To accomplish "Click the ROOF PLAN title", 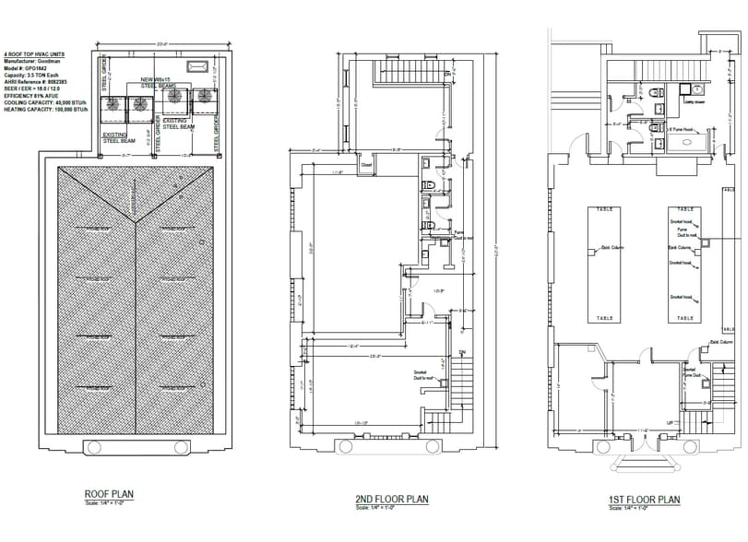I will tap(109, 494).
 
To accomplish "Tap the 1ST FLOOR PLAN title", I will tap(643, 500).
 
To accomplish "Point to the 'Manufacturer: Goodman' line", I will tap(36, 62).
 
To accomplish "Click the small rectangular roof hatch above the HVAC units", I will tap(197, 65).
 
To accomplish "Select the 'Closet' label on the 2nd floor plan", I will tap(366, 166).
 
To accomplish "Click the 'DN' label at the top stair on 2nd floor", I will tap(447, 73).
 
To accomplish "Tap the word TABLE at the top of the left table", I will tap(606, 209).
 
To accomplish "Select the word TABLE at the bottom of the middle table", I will tap(684, 318).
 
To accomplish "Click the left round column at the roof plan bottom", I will tap(92, 447).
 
